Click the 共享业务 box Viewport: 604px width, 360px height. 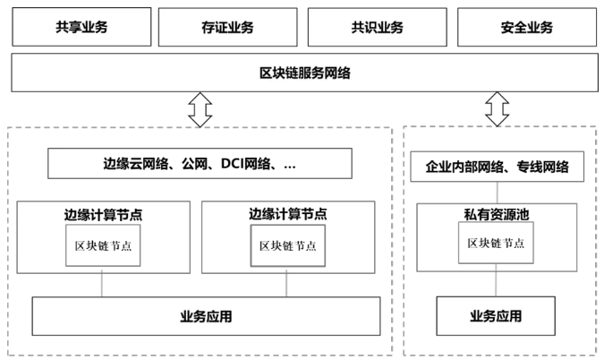(80, 27)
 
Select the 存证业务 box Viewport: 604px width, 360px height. (228, 27)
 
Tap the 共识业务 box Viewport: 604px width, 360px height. (377, 27)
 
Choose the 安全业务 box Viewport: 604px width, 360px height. (525, 27)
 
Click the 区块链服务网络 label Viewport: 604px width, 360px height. (304, 72)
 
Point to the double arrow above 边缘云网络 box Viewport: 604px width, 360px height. (200, 109)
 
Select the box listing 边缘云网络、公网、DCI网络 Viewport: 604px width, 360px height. (200, 165)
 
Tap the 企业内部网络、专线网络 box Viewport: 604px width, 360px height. (498, 167)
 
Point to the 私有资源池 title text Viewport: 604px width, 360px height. (497, 215)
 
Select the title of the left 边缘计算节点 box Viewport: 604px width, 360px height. (103, 214)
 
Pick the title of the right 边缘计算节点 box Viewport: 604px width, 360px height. (287, 214)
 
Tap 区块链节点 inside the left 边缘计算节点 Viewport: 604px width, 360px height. (103, 245)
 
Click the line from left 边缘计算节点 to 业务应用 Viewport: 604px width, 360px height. (103, 285)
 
